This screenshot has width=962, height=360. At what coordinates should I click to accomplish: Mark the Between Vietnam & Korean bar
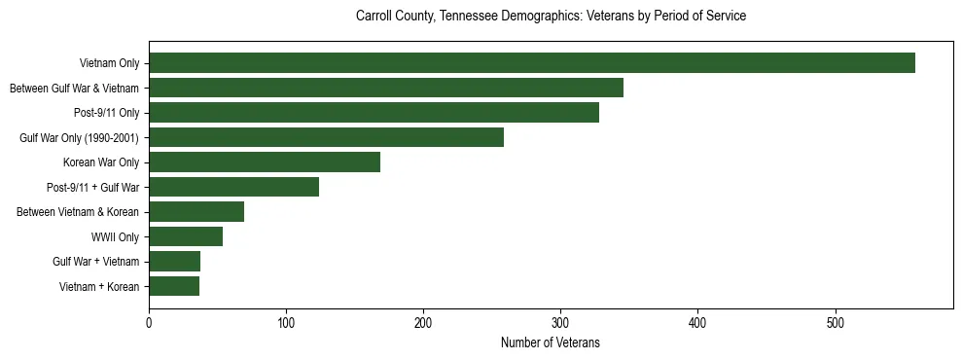[196, 212]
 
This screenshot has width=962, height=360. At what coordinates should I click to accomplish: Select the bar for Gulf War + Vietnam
[174, 262]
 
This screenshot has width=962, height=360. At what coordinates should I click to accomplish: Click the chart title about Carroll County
[551, 17]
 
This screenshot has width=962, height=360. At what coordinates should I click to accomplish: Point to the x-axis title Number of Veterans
[550, 343]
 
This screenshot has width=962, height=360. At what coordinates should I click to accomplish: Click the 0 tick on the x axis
[149, 323]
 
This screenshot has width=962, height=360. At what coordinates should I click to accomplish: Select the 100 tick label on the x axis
[286, 323]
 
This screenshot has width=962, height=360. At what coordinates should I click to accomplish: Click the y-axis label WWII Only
[115, 236]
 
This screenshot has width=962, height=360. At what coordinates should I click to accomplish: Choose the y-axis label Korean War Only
[101, 162]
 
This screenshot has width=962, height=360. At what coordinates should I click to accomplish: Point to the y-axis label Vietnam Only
[109, 63]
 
